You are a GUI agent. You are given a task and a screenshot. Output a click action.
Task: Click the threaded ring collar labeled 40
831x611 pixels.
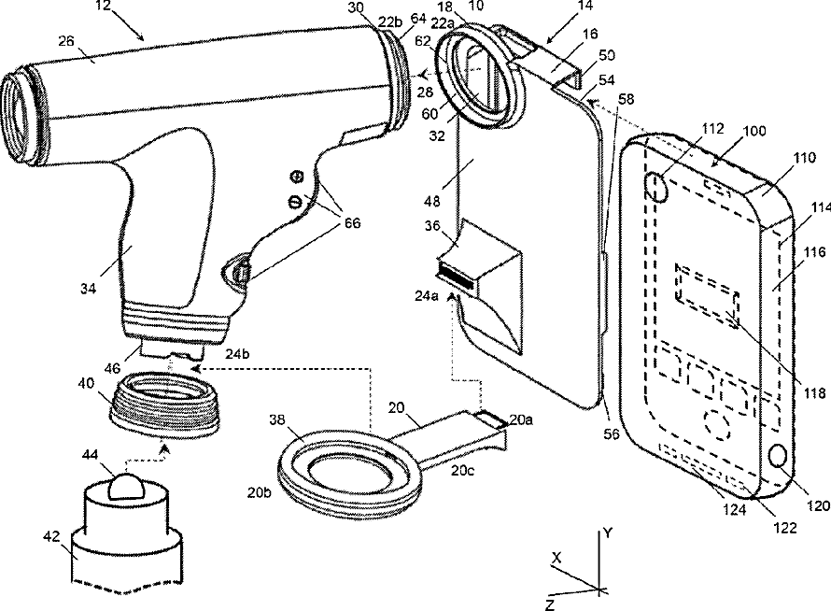click(164, 402)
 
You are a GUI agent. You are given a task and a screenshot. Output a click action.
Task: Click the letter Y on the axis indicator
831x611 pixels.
click(607, 533)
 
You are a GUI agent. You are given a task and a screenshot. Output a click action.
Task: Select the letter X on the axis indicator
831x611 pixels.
click(556, 557)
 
